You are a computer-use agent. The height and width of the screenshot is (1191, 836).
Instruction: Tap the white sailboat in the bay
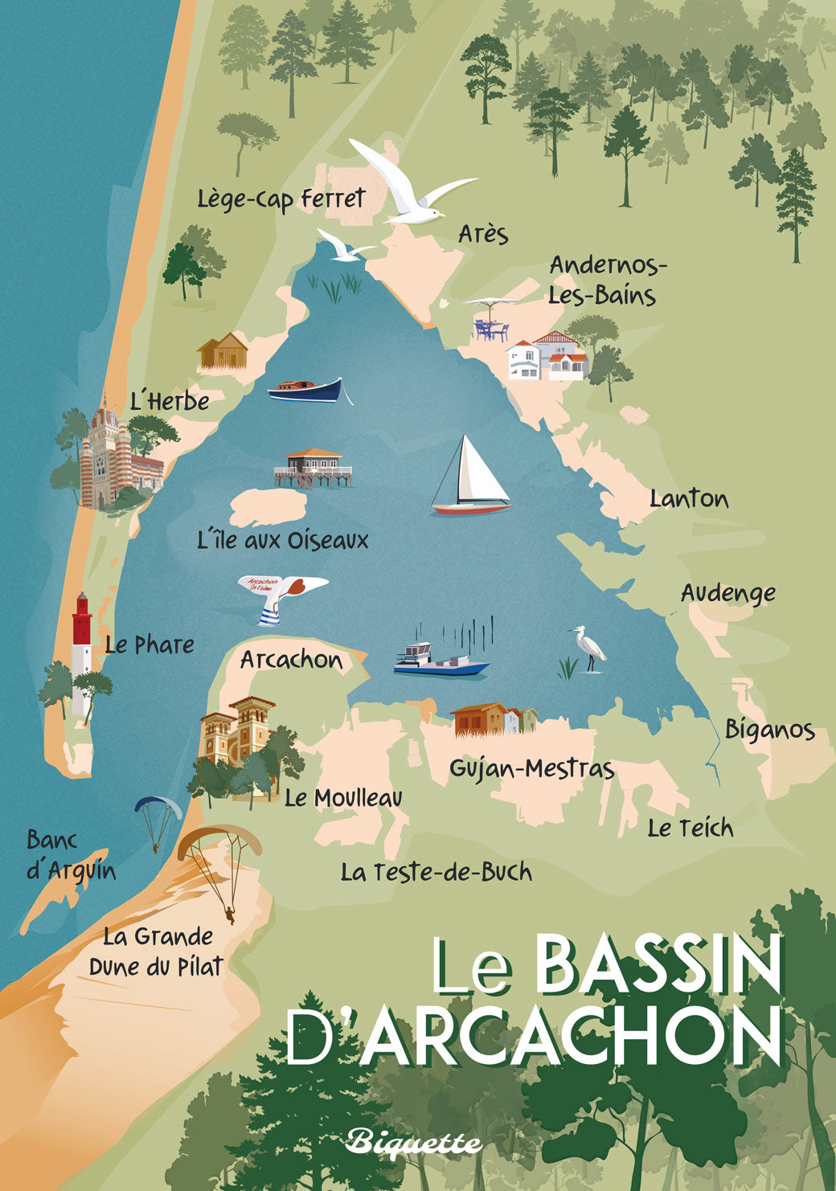point(474,478)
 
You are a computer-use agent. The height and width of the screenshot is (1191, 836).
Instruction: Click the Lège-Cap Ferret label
point(281,199)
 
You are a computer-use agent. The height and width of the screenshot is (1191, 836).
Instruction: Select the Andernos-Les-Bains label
point(607,280)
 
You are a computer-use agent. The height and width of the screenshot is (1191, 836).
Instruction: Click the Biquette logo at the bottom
point(414,1142)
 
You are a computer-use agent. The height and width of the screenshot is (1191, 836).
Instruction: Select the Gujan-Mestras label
point(531,769)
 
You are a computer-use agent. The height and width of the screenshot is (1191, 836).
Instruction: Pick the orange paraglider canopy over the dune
point(219,841)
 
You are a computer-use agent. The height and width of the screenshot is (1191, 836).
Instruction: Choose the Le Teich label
point(691,828)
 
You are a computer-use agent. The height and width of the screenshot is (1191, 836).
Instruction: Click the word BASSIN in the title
point(658,964)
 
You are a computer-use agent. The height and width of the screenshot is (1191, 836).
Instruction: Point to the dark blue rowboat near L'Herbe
point(305,391)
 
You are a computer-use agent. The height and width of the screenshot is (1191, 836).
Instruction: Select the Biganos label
point(769,730)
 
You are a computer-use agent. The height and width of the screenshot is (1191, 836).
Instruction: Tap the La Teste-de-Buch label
point(436,872)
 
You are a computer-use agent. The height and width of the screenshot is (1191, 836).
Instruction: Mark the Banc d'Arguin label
point(71,855)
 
